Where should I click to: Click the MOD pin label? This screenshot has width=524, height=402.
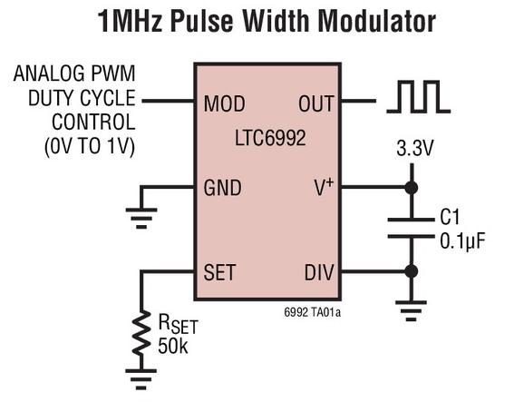(x=224, y=103)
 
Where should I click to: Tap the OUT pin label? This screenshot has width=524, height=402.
(x=315, y=103)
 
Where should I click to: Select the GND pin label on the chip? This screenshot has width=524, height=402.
(x=223, y=188)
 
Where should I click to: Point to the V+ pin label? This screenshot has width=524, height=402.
(x=324, y=187)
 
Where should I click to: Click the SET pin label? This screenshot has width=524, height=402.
(x=219, y=272)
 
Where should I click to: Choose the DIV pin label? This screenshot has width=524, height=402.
(x=319, y=272)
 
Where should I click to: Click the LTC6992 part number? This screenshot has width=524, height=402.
(x=270, y=138)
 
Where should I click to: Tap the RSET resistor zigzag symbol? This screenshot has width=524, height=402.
(x=141, y=332)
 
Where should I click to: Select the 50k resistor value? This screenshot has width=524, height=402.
(x=173, y=346)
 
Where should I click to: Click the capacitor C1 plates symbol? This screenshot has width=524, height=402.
(x=411, y=228)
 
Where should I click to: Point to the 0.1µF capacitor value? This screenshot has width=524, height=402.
(x=461, y=241)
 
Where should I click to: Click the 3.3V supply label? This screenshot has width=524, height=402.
(x=414, y=148)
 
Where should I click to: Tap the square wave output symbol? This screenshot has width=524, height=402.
(x=419, y=96)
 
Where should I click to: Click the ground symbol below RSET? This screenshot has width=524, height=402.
(x=141, y=379)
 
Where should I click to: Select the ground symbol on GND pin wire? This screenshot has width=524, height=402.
(x=141, y=219)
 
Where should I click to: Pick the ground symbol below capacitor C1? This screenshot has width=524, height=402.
(x=411, y=311)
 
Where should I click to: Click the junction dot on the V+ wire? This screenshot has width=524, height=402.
(x=411, y=187)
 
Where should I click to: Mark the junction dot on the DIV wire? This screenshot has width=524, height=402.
(x=411, y=271)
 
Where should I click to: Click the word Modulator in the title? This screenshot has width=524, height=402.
(x=376, y=21)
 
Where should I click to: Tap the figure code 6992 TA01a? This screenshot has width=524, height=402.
(x=313, y=312)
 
